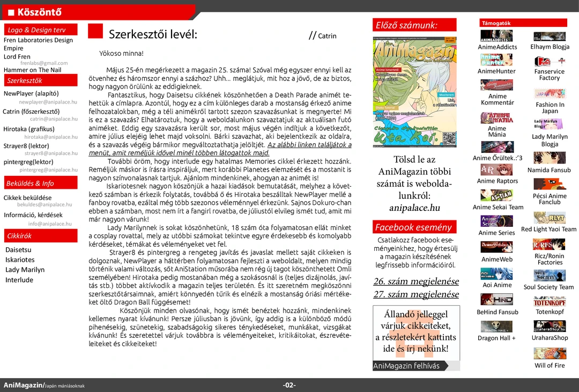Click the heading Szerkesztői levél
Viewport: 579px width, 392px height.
click(153, 35)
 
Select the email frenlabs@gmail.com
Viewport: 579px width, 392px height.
click(44, 63)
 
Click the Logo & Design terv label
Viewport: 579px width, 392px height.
click(36, 30)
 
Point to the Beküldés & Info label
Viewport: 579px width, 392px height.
click(30, 183)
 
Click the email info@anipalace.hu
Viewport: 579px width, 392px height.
click(50, 224)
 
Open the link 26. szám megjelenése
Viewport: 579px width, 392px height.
click(416, 282)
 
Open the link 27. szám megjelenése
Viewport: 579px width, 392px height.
click(416, 294)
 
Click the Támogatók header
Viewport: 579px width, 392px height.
click(496, 23)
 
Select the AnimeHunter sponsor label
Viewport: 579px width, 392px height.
click(496, 71)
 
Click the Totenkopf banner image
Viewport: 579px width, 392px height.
click(550, 301)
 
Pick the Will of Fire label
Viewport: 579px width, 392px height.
click(550, 366)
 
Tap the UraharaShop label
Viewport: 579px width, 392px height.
click(550, 338)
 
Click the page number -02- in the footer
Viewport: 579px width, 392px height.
click(289, 385)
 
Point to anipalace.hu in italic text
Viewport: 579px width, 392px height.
click(414, 208)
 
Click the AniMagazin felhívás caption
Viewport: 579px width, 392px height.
click(406, 366)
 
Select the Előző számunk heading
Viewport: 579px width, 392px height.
click(406, 25)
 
